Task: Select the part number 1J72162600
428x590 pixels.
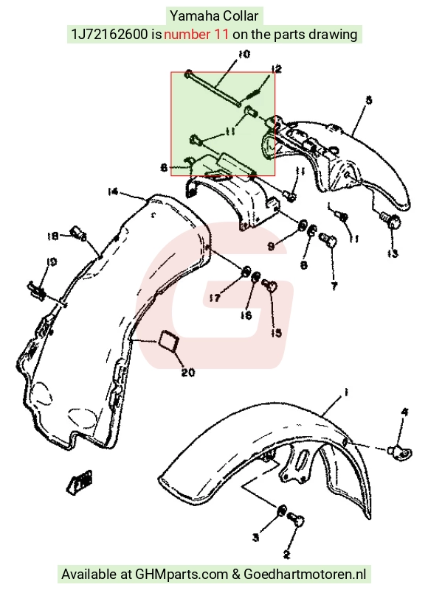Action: (109, 34)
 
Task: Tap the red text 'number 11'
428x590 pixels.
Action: (196, 34)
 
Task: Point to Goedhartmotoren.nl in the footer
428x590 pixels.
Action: (305, 575)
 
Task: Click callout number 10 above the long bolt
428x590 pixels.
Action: (244, 55)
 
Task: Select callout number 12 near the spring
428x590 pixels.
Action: (277, 69)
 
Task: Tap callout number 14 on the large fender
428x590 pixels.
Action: (113, 192)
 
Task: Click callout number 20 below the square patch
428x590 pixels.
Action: (188, 372)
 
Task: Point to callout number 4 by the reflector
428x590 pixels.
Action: (404, 412)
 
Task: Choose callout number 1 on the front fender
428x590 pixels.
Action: (346, 393)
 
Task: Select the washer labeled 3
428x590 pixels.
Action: (281, 511)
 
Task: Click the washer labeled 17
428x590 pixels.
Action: (246, 272)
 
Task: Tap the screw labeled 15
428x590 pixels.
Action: (269, 286)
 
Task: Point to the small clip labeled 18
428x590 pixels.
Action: (77, 233)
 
